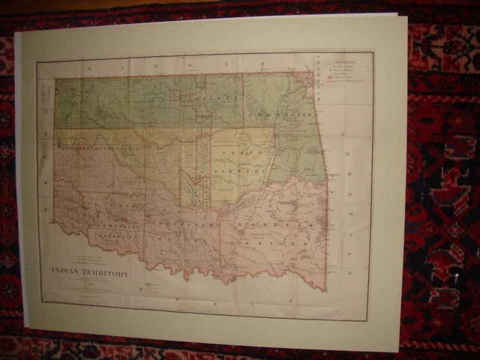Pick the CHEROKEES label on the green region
[289, 114]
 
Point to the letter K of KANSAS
[88, 67]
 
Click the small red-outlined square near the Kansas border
[175, 94]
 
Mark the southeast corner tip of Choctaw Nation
[325, 290]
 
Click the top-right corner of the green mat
[406, 16]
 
